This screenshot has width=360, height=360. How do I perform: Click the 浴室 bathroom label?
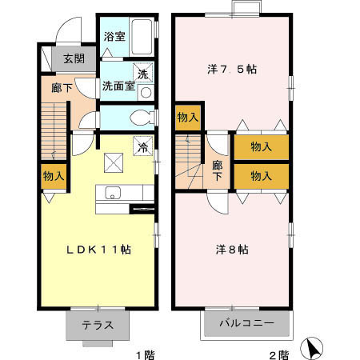(113, 36)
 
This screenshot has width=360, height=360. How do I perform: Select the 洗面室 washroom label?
(118, 86)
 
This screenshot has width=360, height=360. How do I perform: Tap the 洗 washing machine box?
(143, 73)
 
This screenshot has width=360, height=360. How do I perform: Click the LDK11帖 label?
(98, 250)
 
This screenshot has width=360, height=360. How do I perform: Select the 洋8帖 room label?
(232, 250)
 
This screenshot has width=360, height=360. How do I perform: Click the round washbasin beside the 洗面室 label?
(145, 90)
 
